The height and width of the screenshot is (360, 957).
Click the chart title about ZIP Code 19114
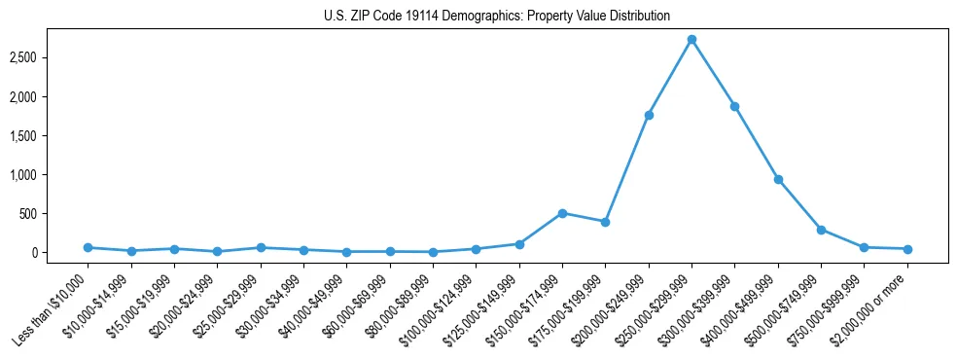pyautogui.click(x=497, y=17)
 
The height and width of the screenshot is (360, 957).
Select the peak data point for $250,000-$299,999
pyautogui.click(x=691, y=40)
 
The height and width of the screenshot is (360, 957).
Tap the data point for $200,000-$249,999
pyautogui.click(x=649, y=115)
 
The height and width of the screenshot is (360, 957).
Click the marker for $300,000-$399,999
pyautogui.click(x=734, y=106)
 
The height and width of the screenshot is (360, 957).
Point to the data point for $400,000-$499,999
pyautogui.click(x=778, y=179)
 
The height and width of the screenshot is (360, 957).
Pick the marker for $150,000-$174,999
pyautogui.click(x=562, y=213)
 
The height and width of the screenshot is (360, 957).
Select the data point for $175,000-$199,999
pyautogui.click(x=605, y=222)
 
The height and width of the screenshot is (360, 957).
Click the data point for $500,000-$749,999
pyautogui.click(x=821, y=230)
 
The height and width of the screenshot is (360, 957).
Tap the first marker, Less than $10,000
pyautogui.click(x=88, y=247)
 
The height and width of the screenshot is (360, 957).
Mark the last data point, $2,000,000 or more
pyautogui.click(x=907, y=249)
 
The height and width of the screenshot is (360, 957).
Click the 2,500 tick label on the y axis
pyautogui.click(x=49, y=58)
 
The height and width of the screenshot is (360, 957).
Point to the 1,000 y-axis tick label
pyautogui.click(x=49, y=175)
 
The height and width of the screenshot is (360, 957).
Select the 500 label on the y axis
pyautogui.click(x=54, y=214)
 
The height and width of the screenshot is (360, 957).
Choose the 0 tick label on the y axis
pyautogui.click(x=60, y=253)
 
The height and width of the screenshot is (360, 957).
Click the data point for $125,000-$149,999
pyautogui.click(x=519, y=244)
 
